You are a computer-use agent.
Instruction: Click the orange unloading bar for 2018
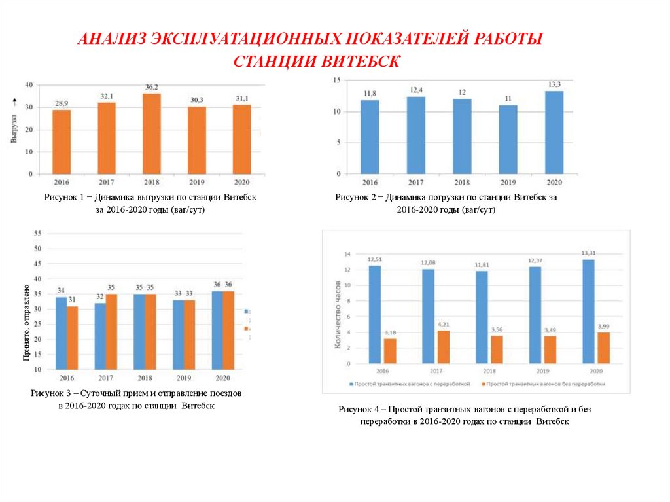152,134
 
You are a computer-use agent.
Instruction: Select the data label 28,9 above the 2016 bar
62,104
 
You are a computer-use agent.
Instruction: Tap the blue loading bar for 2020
554,132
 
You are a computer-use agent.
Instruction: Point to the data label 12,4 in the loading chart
416,90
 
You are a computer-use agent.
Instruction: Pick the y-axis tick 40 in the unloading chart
29,85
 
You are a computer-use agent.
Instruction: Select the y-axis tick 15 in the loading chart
337,80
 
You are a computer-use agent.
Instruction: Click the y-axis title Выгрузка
14,128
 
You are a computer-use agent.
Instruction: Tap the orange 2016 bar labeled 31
72,338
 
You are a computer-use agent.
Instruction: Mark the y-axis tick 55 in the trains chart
37,234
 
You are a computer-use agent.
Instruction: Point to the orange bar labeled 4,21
444,347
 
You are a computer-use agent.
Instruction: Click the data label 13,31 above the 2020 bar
588,253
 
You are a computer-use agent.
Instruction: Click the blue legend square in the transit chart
351,384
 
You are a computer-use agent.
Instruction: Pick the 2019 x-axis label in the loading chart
508,183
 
